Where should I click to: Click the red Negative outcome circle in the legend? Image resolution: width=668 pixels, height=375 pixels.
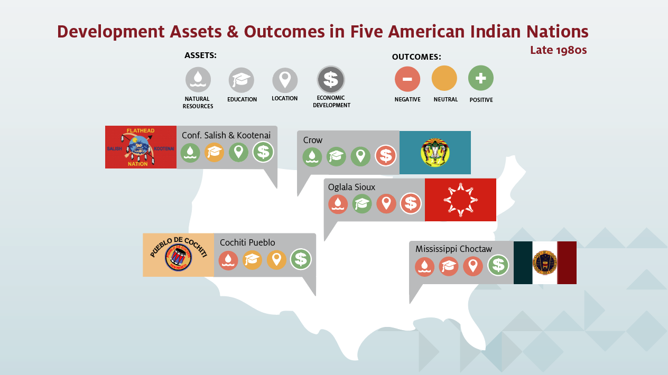(x=407, y=79)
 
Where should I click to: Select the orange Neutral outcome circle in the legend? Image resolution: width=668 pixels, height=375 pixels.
(x=444, y=78)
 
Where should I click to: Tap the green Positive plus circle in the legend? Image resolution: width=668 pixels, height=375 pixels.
(x=481, y=78)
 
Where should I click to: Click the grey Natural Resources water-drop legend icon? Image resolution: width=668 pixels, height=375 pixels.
(x=198, y=80)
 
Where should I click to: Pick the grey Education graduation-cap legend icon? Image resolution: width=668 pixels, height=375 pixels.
(x=242, y=80)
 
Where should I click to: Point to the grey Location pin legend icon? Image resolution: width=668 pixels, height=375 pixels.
(x=285, y=80)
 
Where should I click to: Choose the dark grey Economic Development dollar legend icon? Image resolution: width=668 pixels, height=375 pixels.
(x=331, y=80)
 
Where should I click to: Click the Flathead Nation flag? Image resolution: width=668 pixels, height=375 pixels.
(x=141, y=147)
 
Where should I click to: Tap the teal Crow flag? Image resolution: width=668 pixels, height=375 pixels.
(x=435, y=153)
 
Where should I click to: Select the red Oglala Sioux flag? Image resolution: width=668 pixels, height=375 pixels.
(x=460, y=200)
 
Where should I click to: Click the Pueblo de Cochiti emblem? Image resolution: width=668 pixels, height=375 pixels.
(x=178, y=255)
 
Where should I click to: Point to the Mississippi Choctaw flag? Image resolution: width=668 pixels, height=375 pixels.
(x=545, y=262)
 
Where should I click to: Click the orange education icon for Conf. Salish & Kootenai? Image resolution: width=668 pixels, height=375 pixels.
(x=214, y=152)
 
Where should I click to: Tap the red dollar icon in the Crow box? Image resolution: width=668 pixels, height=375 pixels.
(x=386, y=156)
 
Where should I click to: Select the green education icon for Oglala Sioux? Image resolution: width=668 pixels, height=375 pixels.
(x=362, y=204)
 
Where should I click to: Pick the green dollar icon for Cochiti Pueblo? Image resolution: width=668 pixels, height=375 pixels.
(x=301, y=259)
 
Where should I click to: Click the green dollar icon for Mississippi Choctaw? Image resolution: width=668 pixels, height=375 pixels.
(x=498, y=265)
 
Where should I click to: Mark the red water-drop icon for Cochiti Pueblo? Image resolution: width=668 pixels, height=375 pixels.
(x=228, y=260)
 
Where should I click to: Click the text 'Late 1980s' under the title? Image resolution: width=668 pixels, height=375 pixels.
(x=558, y=50)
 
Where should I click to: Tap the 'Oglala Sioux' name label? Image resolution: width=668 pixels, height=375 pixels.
(x=351, y=187)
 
